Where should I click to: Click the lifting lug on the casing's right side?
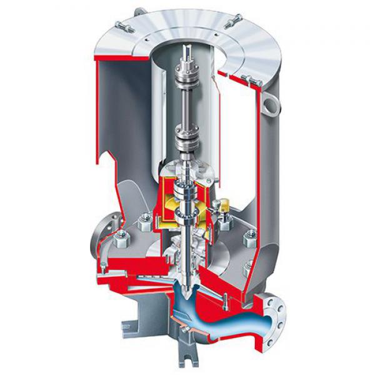pos(270,100)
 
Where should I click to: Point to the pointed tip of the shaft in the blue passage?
pos(189,285)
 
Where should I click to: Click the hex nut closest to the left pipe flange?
pos(121,236)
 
